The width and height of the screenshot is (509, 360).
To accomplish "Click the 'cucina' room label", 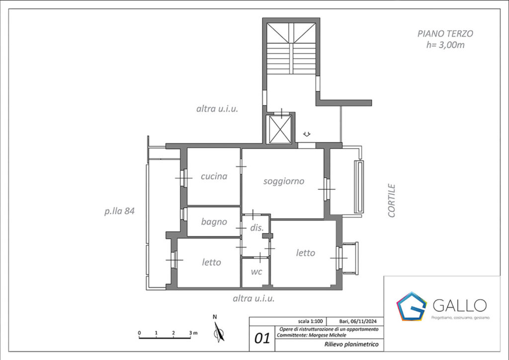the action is [214, 176].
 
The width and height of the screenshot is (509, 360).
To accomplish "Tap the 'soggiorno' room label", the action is [284, 181].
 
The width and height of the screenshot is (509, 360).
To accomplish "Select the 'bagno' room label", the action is [214, 222].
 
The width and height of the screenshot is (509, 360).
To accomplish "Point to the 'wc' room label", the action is [256, 271].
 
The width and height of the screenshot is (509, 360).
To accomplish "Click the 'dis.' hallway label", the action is [256, 228].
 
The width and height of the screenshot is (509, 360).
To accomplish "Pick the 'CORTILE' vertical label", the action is [392, 200].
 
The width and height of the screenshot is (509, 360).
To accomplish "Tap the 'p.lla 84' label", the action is [119, 211].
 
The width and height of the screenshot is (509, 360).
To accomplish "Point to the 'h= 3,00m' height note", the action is [445, 45].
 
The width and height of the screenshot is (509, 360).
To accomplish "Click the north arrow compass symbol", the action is [219, 331].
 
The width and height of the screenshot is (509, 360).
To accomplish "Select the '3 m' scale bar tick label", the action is [193, 333].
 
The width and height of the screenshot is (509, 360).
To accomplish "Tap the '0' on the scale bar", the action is [139, 333].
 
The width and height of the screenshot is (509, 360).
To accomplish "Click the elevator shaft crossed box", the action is [280, 129].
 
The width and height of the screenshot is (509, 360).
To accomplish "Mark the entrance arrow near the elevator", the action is [307, 133].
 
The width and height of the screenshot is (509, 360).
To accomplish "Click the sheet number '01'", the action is [262, 339].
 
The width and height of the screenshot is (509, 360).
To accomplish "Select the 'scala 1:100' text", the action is [310, 321].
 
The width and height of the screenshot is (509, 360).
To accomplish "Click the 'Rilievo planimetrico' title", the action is [351, 345].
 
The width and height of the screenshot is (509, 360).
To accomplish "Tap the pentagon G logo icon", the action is [411, 306].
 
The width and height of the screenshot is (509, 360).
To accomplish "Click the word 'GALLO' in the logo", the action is [460, 305].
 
